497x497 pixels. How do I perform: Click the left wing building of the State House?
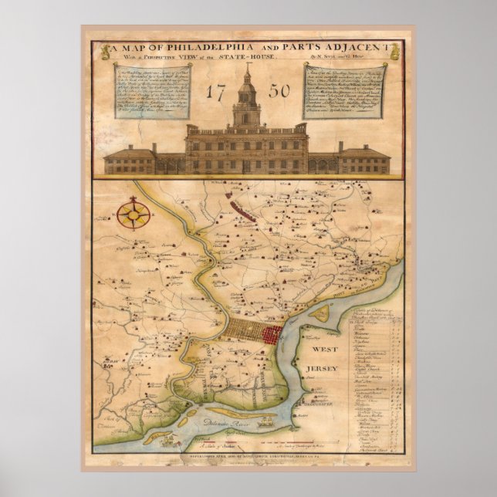(130, 159)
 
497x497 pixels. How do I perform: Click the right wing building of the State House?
(364, 159)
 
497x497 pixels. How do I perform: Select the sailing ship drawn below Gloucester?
(266, 421)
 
